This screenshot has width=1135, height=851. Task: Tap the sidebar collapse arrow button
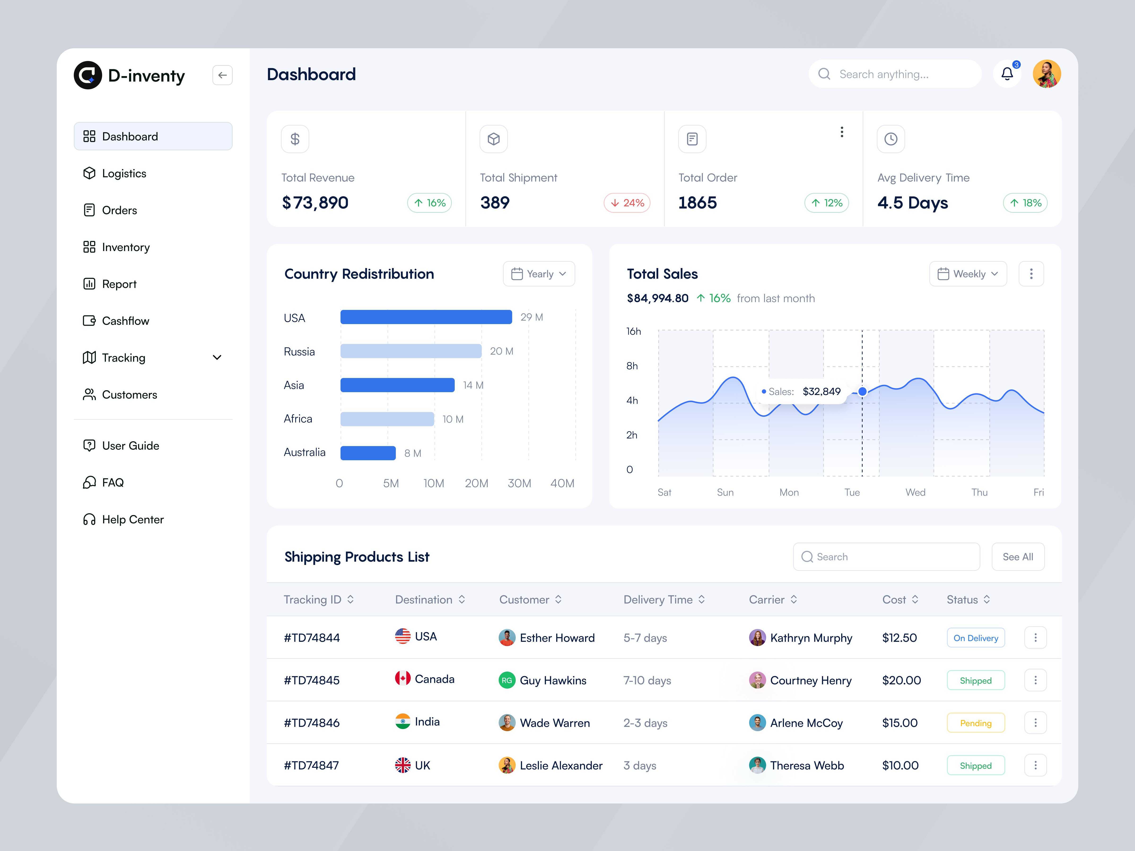[x=222, y=75]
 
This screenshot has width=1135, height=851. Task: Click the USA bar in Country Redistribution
[x=426, y=317]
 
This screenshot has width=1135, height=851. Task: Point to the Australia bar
[x=368, y=453]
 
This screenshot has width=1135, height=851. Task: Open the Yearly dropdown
[x=539, y=274]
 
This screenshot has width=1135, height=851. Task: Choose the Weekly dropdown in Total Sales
[x=968, y=274]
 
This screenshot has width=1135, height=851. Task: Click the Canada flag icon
[x=403, y=679]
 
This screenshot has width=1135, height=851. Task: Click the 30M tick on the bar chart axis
[x=519, y=483]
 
